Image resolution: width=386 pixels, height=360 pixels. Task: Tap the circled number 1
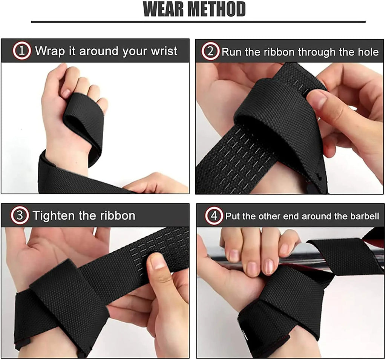22,51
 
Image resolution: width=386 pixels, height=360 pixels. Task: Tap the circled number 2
210,51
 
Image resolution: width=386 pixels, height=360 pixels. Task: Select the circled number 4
213,216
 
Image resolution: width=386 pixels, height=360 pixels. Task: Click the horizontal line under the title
198,22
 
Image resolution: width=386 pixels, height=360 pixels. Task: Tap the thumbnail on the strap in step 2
317,99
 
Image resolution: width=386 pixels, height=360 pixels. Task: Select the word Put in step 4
232,217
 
